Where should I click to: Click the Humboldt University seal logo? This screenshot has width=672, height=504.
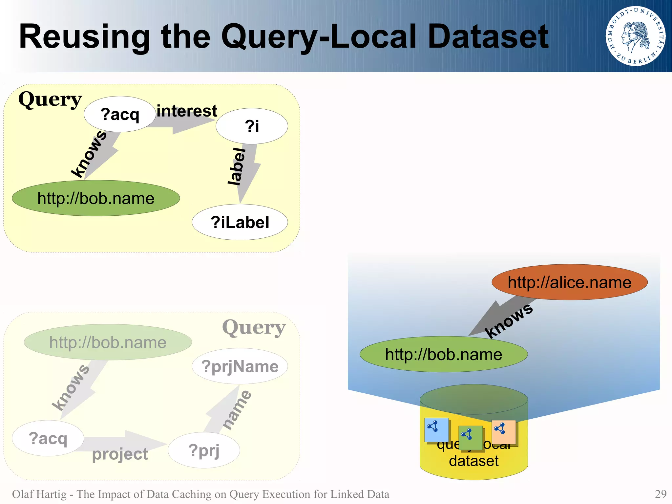click(635, 36)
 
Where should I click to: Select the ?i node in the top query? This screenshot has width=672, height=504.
click(252, 126)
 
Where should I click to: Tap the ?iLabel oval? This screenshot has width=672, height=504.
click(240, 222)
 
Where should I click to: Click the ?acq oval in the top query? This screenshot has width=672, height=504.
click(120, 114)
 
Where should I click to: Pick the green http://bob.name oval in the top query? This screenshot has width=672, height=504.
click(96, 198)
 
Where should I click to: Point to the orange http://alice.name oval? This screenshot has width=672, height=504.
click(569, 282)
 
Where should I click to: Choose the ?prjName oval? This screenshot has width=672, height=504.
click(240, 366)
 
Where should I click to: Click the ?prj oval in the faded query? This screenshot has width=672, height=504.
click(204, 450)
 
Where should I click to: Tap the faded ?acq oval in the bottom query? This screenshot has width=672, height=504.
click(48, 438)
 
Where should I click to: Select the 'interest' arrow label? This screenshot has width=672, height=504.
click(187, 111)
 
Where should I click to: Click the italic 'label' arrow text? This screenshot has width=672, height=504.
click(237, 166)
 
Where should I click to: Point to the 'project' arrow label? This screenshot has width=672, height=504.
click(120, 454)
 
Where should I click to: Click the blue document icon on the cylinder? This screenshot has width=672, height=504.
click(436, 430)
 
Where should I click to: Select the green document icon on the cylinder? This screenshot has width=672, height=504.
click(470, 438)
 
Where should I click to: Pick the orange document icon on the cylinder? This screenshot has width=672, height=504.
click(504, 432)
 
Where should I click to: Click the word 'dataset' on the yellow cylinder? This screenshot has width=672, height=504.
click(473, 461)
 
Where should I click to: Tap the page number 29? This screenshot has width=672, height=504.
click(661, 494)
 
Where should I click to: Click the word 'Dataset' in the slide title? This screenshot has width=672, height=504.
click(488, 36)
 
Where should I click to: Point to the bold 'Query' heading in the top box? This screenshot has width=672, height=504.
click(50, 99)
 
